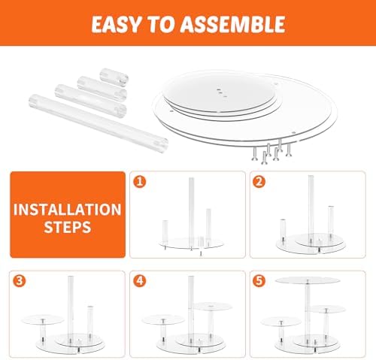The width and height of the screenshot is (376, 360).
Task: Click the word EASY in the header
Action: [116, 24]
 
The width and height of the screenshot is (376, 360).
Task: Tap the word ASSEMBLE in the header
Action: [232, 24]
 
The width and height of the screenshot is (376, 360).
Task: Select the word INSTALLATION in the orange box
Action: [68, 210]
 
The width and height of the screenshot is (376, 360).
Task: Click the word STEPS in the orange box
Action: [68, 227]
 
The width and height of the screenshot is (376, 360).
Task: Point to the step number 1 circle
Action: [140, 181]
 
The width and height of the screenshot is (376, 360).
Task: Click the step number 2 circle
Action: [259, 181]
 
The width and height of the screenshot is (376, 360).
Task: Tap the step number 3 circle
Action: [20, 281]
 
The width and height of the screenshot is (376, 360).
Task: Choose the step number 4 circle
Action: [140, 281]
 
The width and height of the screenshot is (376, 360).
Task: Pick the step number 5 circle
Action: [259, 281]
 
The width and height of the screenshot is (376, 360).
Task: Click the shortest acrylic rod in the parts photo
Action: [114, 77]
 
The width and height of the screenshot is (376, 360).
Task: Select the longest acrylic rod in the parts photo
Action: [99, 123]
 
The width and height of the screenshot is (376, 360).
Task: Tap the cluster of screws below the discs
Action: [272, 151]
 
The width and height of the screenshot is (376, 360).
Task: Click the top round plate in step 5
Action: [308, 280]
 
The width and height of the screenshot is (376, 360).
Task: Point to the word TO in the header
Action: [160, 24]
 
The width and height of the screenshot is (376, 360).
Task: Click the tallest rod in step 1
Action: [191, 213]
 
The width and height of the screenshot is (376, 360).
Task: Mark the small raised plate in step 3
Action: [43, 320]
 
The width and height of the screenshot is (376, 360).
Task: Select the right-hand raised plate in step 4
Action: [213, 306]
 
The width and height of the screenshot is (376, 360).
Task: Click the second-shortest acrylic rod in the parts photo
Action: [102, 89]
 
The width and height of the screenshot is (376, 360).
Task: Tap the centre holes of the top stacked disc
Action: [222, 92]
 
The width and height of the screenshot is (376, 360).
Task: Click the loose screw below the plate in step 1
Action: [201, 253]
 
